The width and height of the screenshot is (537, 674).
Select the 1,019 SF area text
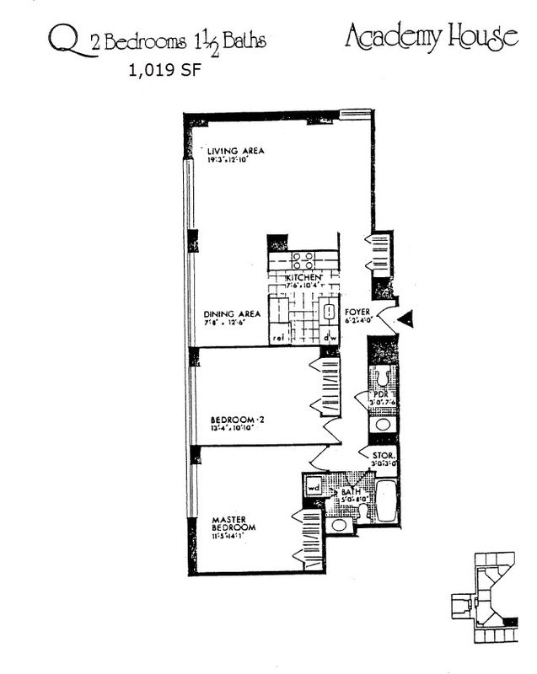[165, 71]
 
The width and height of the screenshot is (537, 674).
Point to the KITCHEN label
[303, 277]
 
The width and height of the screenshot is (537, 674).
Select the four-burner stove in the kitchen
[303, 259]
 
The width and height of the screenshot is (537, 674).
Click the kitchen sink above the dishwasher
[329, 315]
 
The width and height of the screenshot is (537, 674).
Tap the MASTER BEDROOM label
[229, 523]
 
